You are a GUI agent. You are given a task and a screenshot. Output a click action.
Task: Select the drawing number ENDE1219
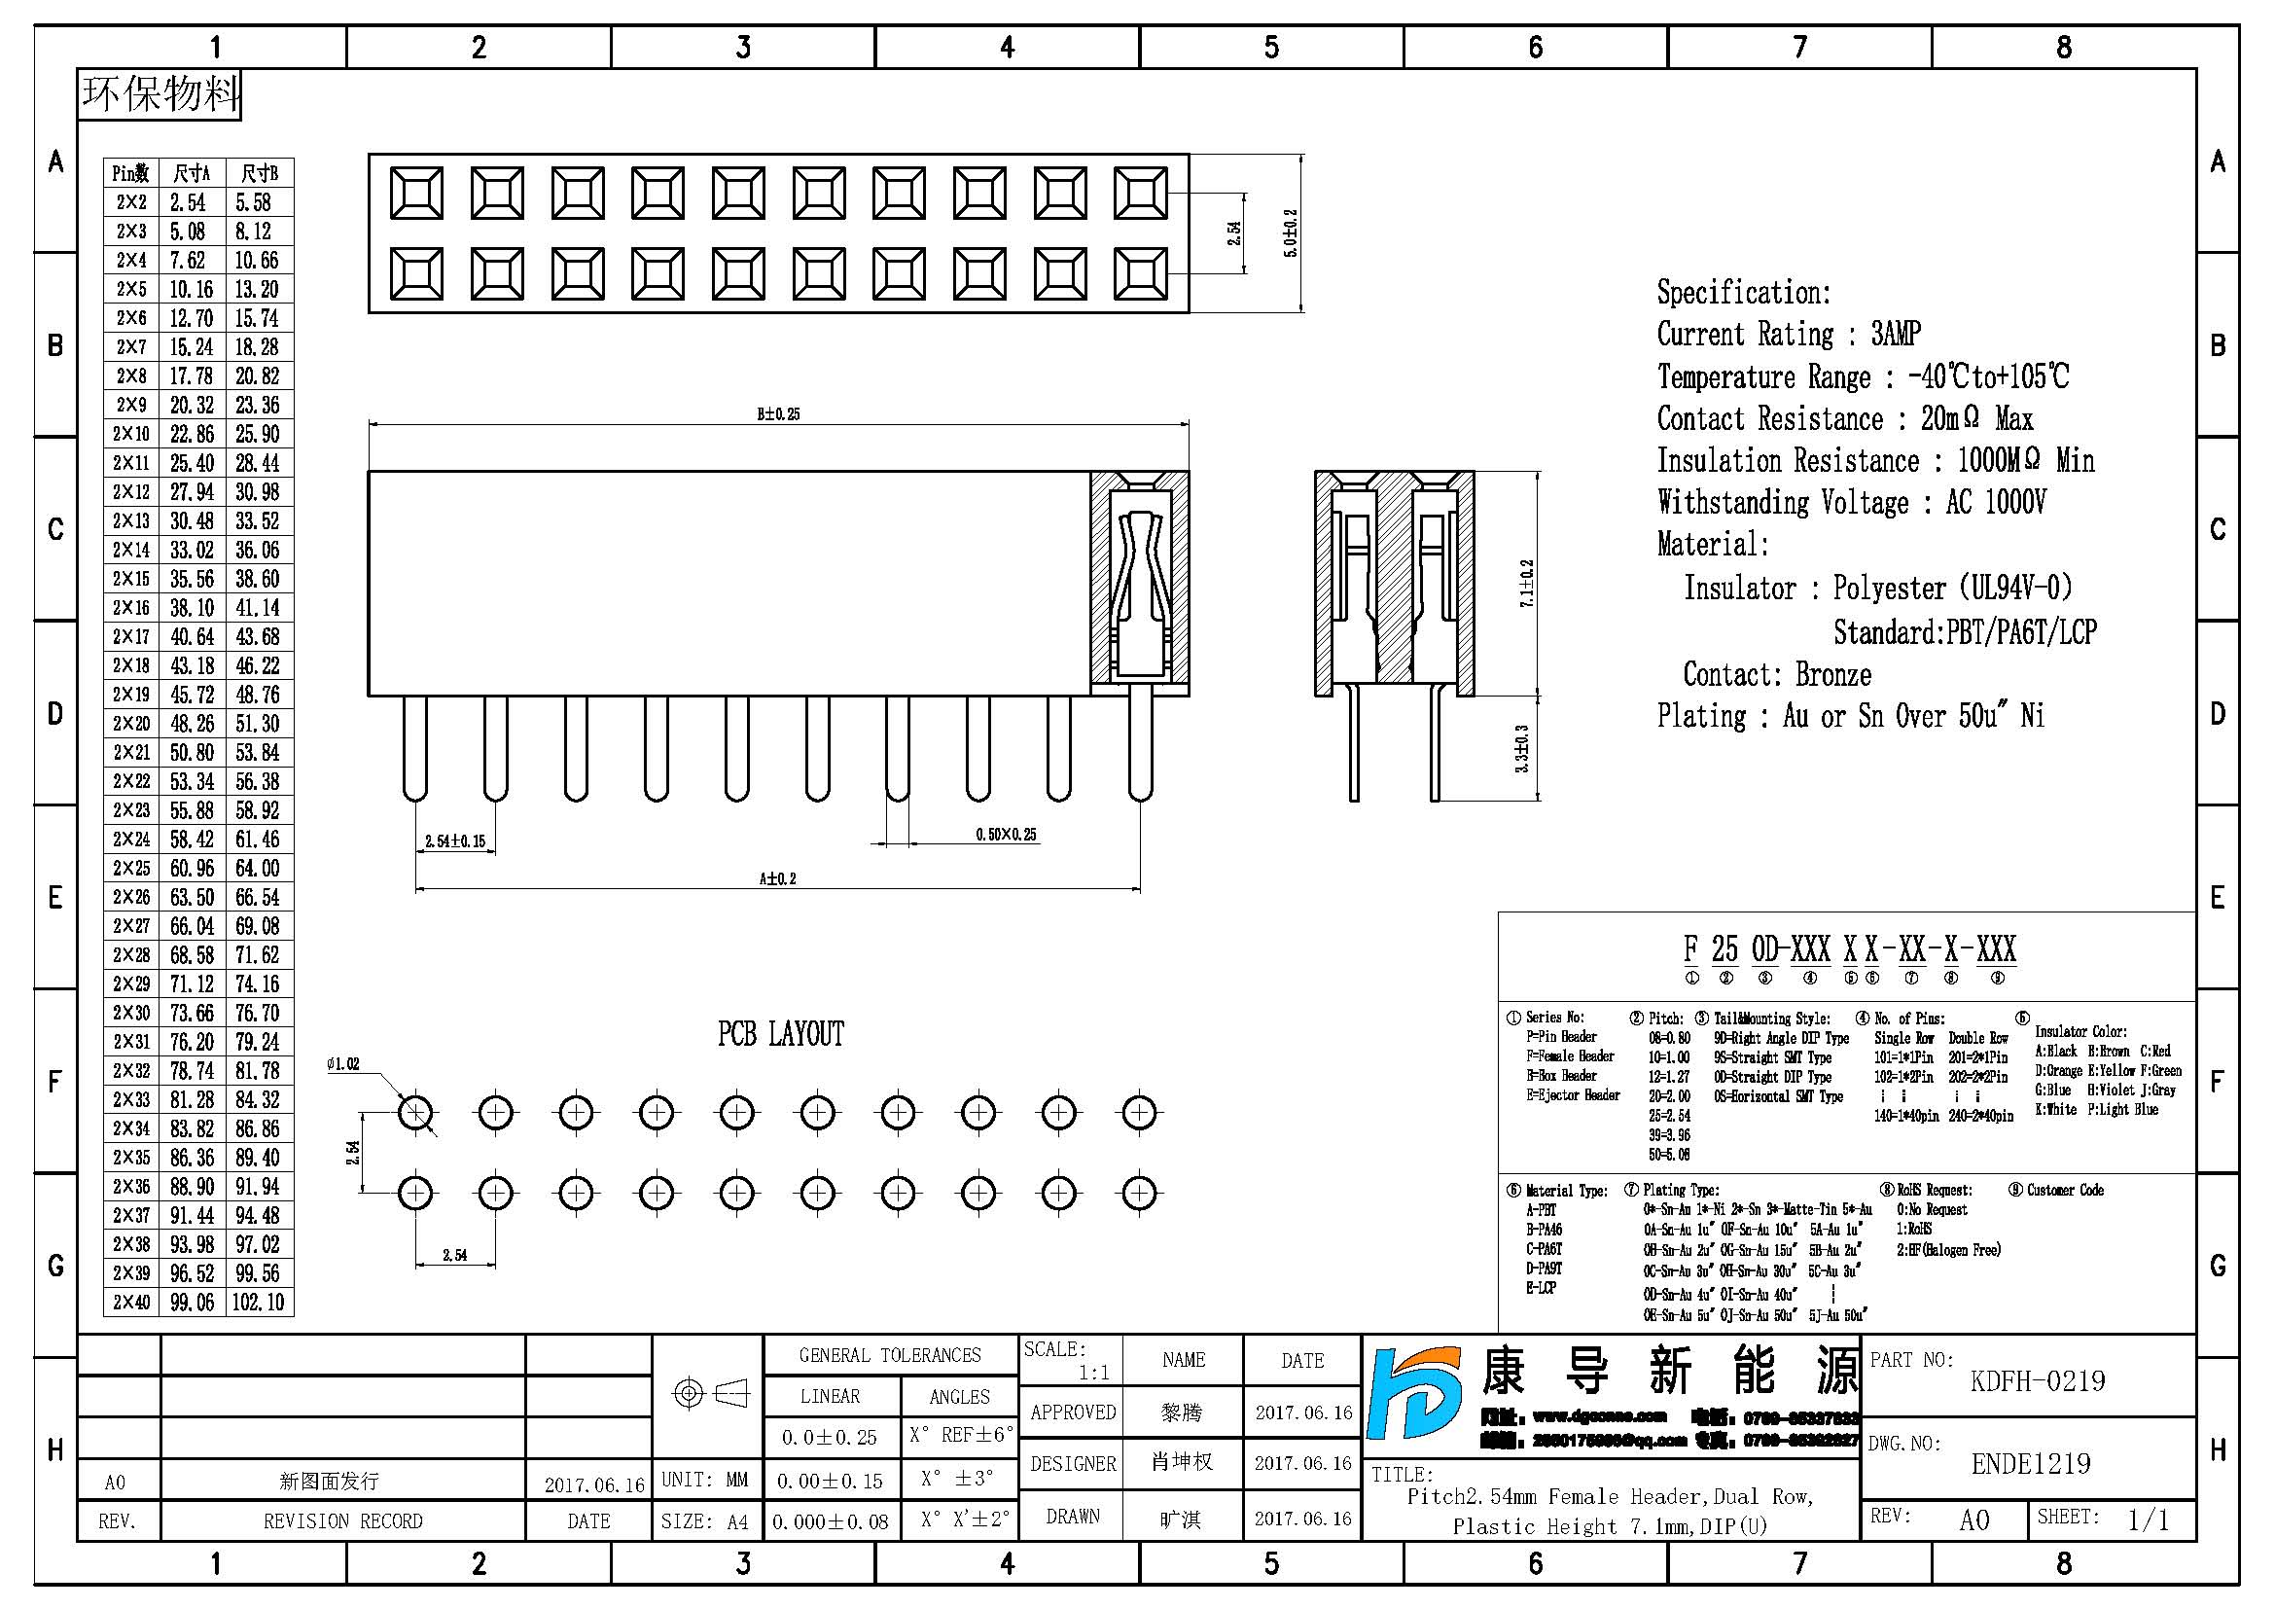click(x=2030, y=1463)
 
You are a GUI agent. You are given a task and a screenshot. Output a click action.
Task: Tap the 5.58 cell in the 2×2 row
click(x=254, y=202)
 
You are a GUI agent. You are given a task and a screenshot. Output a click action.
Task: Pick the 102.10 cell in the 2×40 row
click(x=258, y=1302)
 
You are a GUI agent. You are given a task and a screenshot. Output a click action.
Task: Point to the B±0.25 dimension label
click(x=779, y=414)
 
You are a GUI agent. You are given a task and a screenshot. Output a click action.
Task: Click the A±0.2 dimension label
click(x=778, y=878)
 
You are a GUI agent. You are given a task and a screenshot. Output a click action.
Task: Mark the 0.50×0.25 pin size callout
click(x=1006, y=835)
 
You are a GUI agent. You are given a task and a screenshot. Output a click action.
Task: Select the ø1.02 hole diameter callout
click(x=342, y=1064)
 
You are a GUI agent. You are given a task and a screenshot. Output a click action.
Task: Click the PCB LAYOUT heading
click(x=781, y=1034)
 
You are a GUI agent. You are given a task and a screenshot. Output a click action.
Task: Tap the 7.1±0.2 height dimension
click(x=1527, y=584)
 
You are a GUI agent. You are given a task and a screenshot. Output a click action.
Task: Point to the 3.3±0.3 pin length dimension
click(x=1523, y=749)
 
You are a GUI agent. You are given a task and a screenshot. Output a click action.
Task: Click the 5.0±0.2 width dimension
click(x=1290, y=233)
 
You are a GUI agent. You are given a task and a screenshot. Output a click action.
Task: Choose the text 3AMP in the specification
click(x=1897, y=334)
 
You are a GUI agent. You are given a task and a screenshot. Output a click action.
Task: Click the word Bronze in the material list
click(x=1833, y=675)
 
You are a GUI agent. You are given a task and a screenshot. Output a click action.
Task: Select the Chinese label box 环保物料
click(x=160, y=94)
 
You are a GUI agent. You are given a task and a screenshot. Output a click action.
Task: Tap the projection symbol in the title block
click(x=710, y=1394)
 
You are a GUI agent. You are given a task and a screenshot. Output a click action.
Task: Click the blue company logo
click(x=1414, y=1392)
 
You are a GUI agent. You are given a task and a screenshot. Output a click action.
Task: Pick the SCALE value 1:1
click(x=1094, y=1373)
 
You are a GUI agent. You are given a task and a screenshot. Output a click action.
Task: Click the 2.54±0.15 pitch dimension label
click(x=455, y=841)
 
